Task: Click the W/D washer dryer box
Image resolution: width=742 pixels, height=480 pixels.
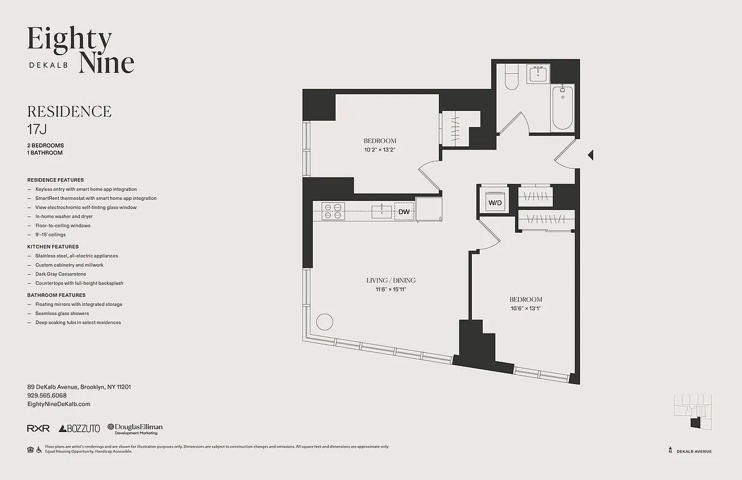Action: point(495,202)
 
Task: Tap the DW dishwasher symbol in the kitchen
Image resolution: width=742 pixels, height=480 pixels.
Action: point(404,212)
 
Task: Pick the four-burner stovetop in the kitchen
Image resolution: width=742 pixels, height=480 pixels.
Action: point(333,211)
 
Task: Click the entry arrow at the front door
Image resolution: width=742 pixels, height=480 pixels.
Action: point(590,155)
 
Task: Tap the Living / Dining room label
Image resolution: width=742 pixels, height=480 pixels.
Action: point(391,280)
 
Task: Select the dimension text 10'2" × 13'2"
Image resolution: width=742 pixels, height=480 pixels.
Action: point(380,149)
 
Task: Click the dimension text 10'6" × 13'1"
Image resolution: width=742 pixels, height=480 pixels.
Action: point(526,308)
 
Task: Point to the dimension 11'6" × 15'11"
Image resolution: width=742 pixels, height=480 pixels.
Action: point(391,289)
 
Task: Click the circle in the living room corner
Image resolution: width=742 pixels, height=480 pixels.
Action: point(324,322)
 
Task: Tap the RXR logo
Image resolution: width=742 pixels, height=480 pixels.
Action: point(38,428)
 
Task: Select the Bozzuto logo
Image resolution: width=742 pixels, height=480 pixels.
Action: point(79,428)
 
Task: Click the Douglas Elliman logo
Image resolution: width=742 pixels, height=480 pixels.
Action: point(135,428)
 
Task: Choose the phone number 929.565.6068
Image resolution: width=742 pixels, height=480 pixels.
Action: point(47,395)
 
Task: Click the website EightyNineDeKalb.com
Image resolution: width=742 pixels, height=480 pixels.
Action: point(58,404)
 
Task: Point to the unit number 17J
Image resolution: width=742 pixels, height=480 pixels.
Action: point(37,128)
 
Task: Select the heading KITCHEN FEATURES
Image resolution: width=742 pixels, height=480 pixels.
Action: point(53,247)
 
